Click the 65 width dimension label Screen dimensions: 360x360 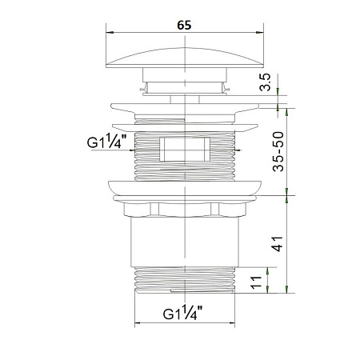[184, 25]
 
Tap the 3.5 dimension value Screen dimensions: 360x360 [266, 82]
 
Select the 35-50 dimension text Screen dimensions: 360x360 [278, 151]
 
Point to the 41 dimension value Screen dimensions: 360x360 [277, 244]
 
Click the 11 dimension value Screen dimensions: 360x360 [256, 282]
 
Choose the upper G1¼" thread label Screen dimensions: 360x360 [106, 141]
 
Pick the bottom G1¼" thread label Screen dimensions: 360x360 [182, 313]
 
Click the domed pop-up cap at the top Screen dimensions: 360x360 [185, 58]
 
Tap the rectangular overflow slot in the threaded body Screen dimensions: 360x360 [185, 149]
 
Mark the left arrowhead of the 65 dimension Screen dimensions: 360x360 [110, 33]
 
